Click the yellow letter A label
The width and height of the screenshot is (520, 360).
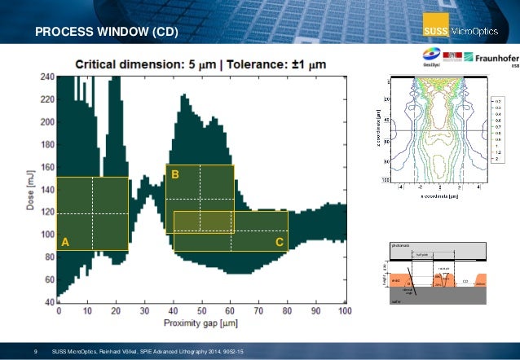pos(65,243)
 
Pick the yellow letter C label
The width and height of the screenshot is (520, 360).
pos(279,243)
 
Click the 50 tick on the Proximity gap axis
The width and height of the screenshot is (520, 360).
pos(202,312)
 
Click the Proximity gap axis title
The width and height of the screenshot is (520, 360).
pos(201,323)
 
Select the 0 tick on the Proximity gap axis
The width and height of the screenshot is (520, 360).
pos(59,312)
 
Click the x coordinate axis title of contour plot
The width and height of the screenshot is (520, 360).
pos(432,196)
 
